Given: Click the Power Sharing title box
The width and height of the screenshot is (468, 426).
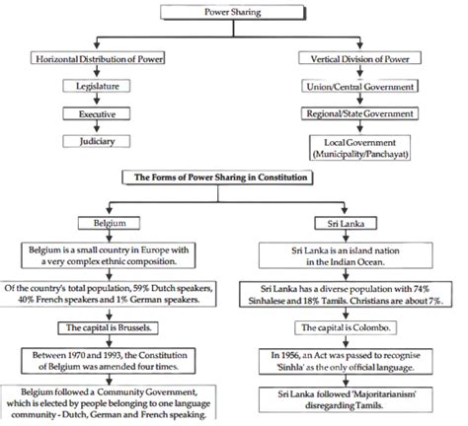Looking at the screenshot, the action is click(233, 12).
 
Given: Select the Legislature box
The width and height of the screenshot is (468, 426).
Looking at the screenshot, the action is click(97, 86).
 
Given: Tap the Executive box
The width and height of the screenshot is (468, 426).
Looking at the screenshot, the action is click(97, 114).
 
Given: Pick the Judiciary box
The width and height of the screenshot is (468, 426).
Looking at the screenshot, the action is click(97, 141).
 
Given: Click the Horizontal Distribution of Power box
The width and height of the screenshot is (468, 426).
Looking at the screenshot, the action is click(98, 58).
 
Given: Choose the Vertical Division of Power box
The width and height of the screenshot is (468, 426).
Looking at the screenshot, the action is click(359, 58).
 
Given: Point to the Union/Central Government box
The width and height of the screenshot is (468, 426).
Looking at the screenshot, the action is click(359, 86).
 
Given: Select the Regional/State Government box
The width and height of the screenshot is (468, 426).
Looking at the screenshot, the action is click(359, 113).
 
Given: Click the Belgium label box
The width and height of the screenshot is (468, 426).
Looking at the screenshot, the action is click(109, 223).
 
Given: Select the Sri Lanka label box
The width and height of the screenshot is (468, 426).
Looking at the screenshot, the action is click(346, 224).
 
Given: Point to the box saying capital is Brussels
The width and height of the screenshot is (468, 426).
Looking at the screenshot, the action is click(109, 327).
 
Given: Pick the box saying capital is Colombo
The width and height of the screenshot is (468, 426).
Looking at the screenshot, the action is click(346, 327).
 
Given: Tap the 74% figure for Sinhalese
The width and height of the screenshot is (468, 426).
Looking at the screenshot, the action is click(422, 289).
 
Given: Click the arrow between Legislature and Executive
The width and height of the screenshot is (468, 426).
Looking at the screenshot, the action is click(97, 99).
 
